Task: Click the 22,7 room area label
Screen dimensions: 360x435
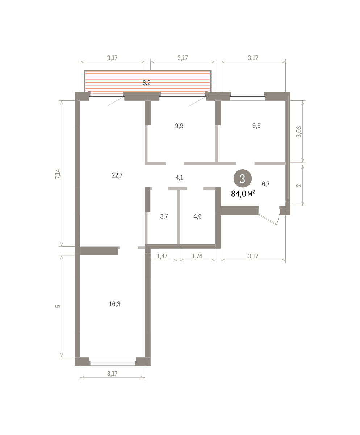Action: pos(117,175)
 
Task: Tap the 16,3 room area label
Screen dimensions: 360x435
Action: pos(114,304)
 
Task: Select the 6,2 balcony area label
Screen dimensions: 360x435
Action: pos(146,83)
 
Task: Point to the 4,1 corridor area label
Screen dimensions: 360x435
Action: pos(179,178)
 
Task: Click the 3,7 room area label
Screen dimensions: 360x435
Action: pos(164,216)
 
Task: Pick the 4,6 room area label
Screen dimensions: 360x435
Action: pos(197,216)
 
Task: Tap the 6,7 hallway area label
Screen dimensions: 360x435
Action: pos(266,184)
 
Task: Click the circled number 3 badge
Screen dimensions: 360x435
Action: pos(243,179)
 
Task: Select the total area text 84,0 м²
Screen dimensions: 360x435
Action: pos(243,194)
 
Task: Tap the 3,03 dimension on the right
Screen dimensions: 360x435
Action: pos(298,132)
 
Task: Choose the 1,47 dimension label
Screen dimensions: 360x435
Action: pos(162,256)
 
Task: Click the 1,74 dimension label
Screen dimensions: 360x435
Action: pos(197,256)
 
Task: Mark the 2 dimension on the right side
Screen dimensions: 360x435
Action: pos(298,185)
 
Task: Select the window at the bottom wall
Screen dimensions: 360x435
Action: pos(112,362)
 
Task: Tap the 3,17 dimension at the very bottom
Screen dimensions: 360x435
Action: pos(112,373)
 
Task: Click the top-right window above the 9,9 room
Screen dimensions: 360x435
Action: pos(247,96)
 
